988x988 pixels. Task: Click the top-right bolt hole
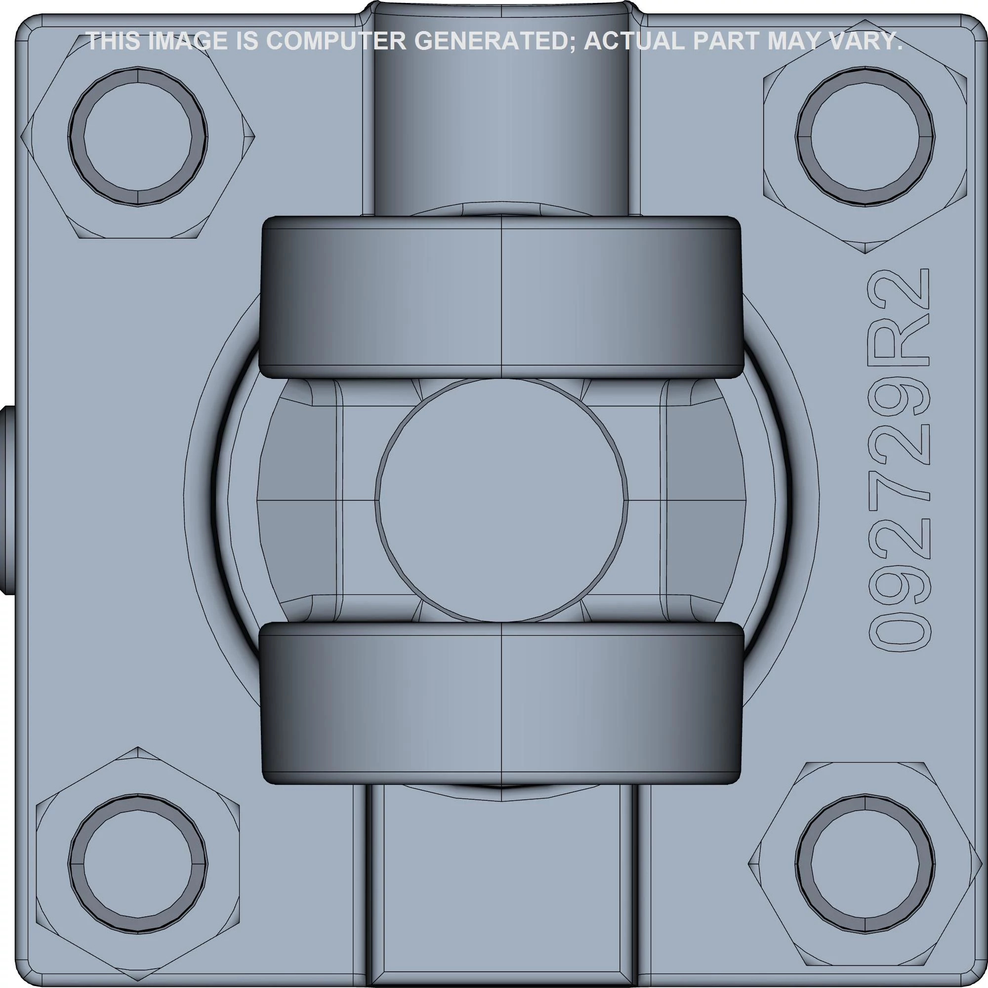(865, 137)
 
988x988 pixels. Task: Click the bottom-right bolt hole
(865, 864)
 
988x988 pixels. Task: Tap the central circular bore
(501, 500)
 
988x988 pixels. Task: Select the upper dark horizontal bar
(501, 296)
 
